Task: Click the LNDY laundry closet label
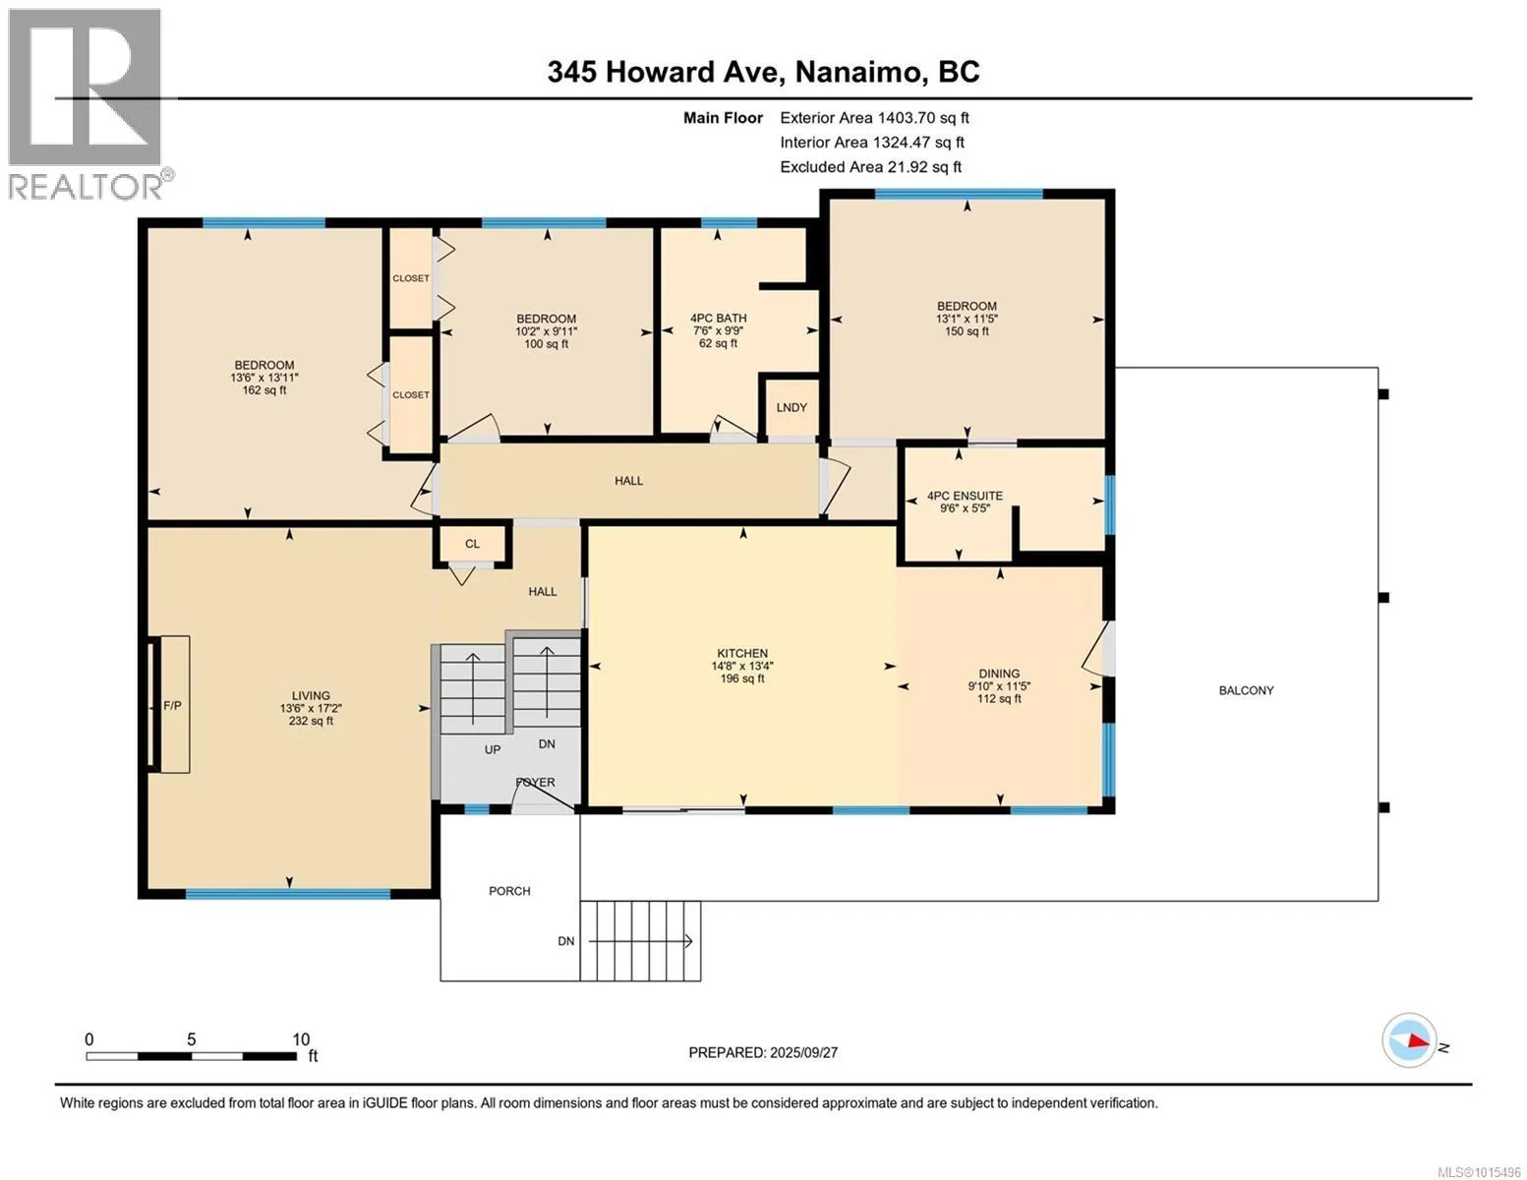click(x=792, y=408)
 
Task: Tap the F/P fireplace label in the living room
click(x=172, y=705)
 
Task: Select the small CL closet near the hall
click(x=472, y=543)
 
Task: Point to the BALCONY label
click(x=1246, y=691)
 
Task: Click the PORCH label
click(x=509, y=891)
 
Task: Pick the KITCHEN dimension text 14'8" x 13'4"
click(x=742, y=667)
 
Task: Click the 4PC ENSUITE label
click(x=965, y=497)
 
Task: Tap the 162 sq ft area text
click(x=264, y=390)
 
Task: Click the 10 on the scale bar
click(x=301, y=1039)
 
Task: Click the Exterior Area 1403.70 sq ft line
click(x=874, y=118)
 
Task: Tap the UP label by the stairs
click(x=493, y=750)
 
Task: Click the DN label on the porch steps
click(x=565, y=941)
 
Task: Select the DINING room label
click(x=999, y=674)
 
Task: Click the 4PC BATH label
click(x=718, y=319)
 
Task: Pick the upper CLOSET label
click(x=410, y=279)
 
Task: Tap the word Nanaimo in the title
click(x=858, y=72)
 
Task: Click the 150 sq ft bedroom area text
click(x=967, y=331)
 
